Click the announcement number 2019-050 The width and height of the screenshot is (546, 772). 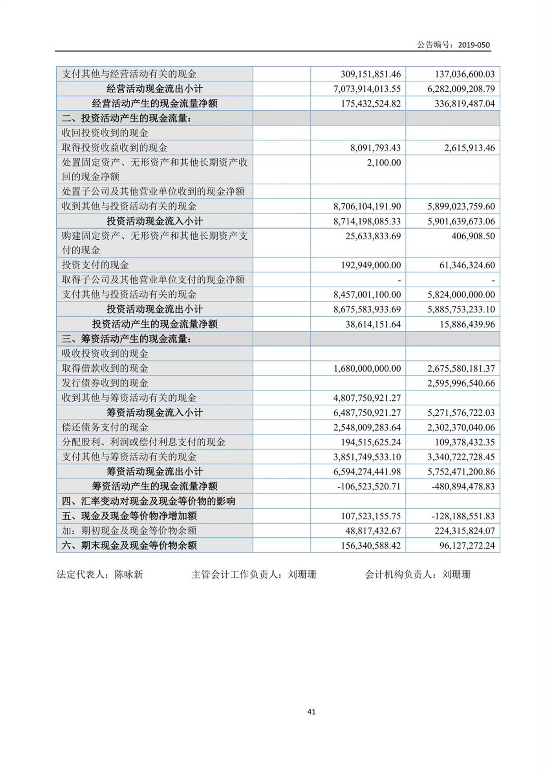coord(474,45)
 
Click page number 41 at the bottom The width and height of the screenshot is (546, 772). coord(312,712)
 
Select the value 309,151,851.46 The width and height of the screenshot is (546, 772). coord(370,74)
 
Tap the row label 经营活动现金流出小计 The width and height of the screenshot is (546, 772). coord(155,89)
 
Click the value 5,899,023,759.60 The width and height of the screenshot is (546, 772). coord(461,207)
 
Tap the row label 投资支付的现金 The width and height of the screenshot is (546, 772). coord(96,265)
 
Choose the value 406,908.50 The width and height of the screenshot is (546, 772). coord(473,236)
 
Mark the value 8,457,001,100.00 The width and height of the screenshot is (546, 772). coord(367,294)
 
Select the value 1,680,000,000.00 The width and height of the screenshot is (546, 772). coord(367,368)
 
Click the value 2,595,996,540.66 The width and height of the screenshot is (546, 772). coord(461,383)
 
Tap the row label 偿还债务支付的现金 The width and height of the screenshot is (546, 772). coord(105,428)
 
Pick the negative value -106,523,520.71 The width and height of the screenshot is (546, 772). coord(369,486)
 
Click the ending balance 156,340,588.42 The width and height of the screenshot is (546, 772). coord(370,545)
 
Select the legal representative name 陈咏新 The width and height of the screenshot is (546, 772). coord(129,575)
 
